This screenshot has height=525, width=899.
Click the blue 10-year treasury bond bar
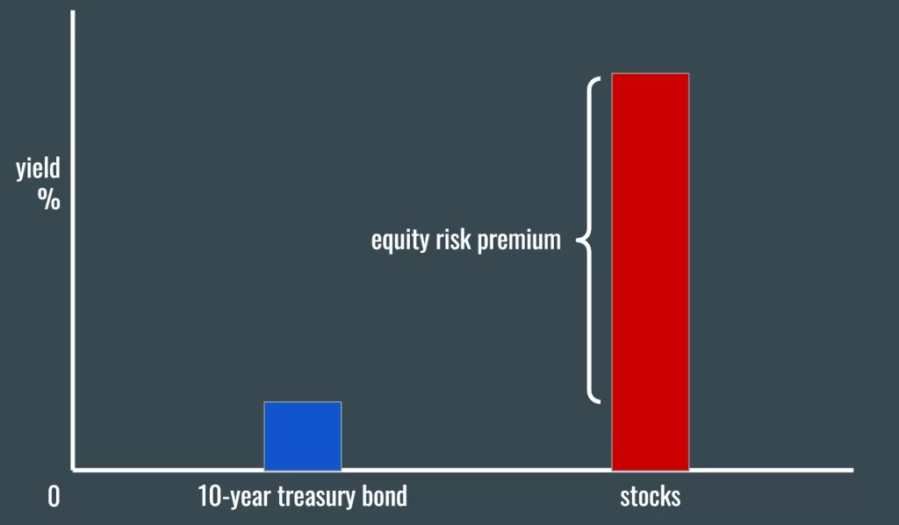point(303,435)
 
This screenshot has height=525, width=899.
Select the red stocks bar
point(651,271)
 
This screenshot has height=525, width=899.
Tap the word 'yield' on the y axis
point(38,169)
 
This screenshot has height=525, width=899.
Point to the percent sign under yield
point(49,199)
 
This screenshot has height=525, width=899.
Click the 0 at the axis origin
point(54,497)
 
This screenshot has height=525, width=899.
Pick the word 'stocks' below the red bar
point(651,496)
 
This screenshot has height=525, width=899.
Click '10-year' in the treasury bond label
point(234,497)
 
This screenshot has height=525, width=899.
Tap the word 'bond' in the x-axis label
point(385,496)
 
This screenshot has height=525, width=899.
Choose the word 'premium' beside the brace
point(519,241)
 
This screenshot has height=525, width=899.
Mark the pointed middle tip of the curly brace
point(577,241)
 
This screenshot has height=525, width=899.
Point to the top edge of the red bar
point(651,74)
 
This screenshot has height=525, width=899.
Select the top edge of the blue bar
point(303,402)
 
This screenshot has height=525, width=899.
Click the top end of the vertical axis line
point(73,11)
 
